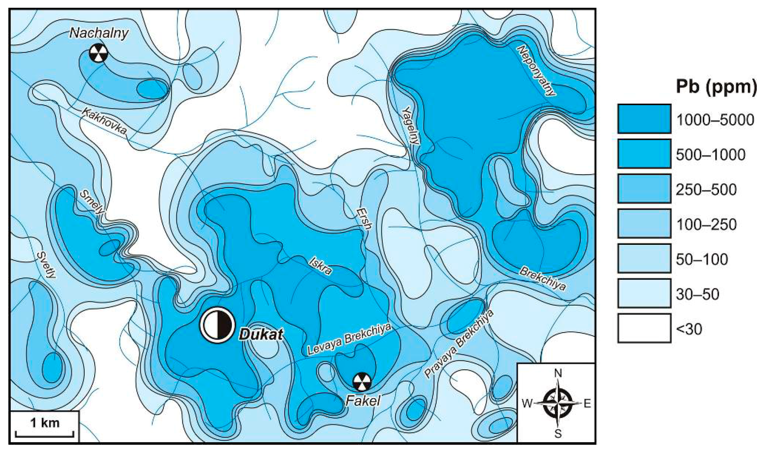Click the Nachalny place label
(99, 33)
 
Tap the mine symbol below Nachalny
(98, 53)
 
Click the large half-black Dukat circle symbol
(217, 324)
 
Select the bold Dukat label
(261, 334)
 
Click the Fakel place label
(362, 401)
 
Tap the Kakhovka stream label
(104, 121)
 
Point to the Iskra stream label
(320, 266)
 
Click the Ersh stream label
(364, 218)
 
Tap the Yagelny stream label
(411, 125)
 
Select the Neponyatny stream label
(536, 71)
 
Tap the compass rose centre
(557, 403)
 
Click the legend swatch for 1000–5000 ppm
(644, 119)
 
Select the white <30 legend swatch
(644, 328)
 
